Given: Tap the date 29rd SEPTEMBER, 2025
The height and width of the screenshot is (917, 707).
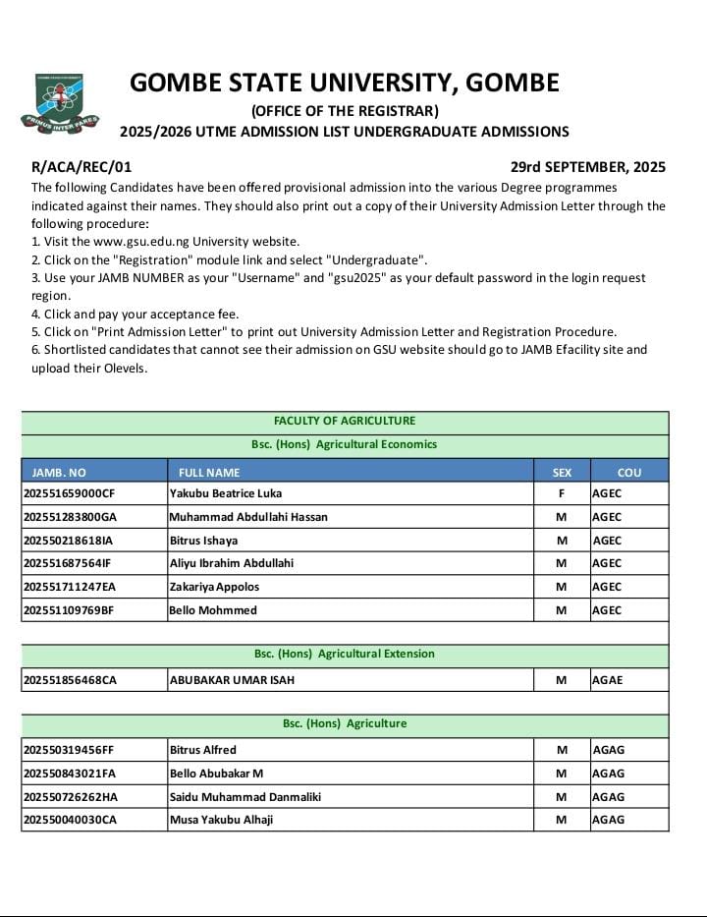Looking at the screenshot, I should (587, 167).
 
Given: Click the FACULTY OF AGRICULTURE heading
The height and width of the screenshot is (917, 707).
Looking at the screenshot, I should (345, 421).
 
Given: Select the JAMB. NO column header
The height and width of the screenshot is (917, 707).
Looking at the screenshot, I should (59, 473).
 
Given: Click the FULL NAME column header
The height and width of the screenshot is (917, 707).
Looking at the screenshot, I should (209, 473).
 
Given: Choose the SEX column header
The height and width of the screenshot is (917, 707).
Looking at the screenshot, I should (562, 473).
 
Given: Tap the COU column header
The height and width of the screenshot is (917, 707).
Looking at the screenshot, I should (629, 473).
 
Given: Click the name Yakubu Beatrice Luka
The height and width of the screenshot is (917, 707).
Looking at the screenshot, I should (225, 493).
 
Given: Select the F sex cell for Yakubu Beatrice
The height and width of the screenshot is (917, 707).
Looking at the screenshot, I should (562, 493).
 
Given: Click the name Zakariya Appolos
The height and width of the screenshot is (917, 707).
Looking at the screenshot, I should (215, 587).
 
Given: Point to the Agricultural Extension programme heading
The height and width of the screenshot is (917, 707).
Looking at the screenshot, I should (345, 654).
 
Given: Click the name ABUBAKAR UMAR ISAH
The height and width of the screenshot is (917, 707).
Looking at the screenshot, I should (232, 679).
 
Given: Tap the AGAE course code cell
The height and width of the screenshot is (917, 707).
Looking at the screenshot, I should (608, 679).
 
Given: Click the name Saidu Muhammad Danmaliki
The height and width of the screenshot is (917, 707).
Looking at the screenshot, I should (245, 797).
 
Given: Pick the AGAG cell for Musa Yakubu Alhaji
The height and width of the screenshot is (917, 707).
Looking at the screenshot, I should (608, 820).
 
